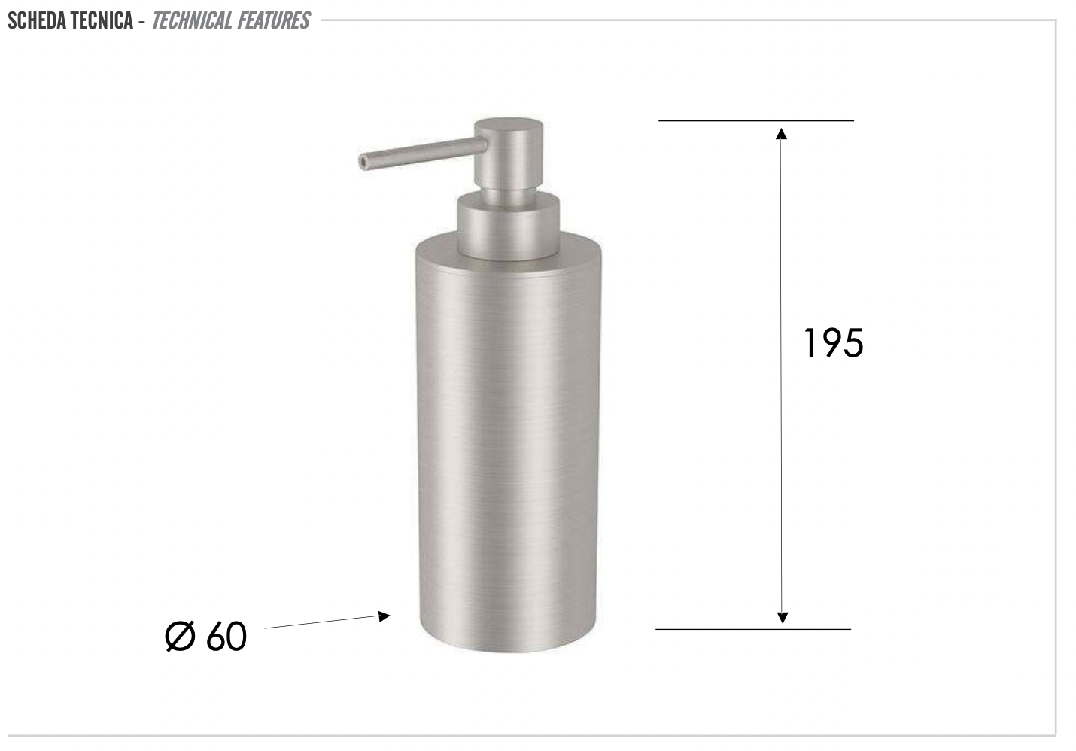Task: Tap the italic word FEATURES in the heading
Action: (273, 20)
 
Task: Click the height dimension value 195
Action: (833, 343)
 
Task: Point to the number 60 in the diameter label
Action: (226, 637)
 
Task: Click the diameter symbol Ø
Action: (180, 637)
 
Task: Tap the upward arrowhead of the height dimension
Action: (781, 134)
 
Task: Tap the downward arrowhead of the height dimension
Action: (782, 617)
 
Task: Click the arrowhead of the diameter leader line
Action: (385, 616)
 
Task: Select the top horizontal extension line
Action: (755, 120)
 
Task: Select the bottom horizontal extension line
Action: (752, 629)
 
